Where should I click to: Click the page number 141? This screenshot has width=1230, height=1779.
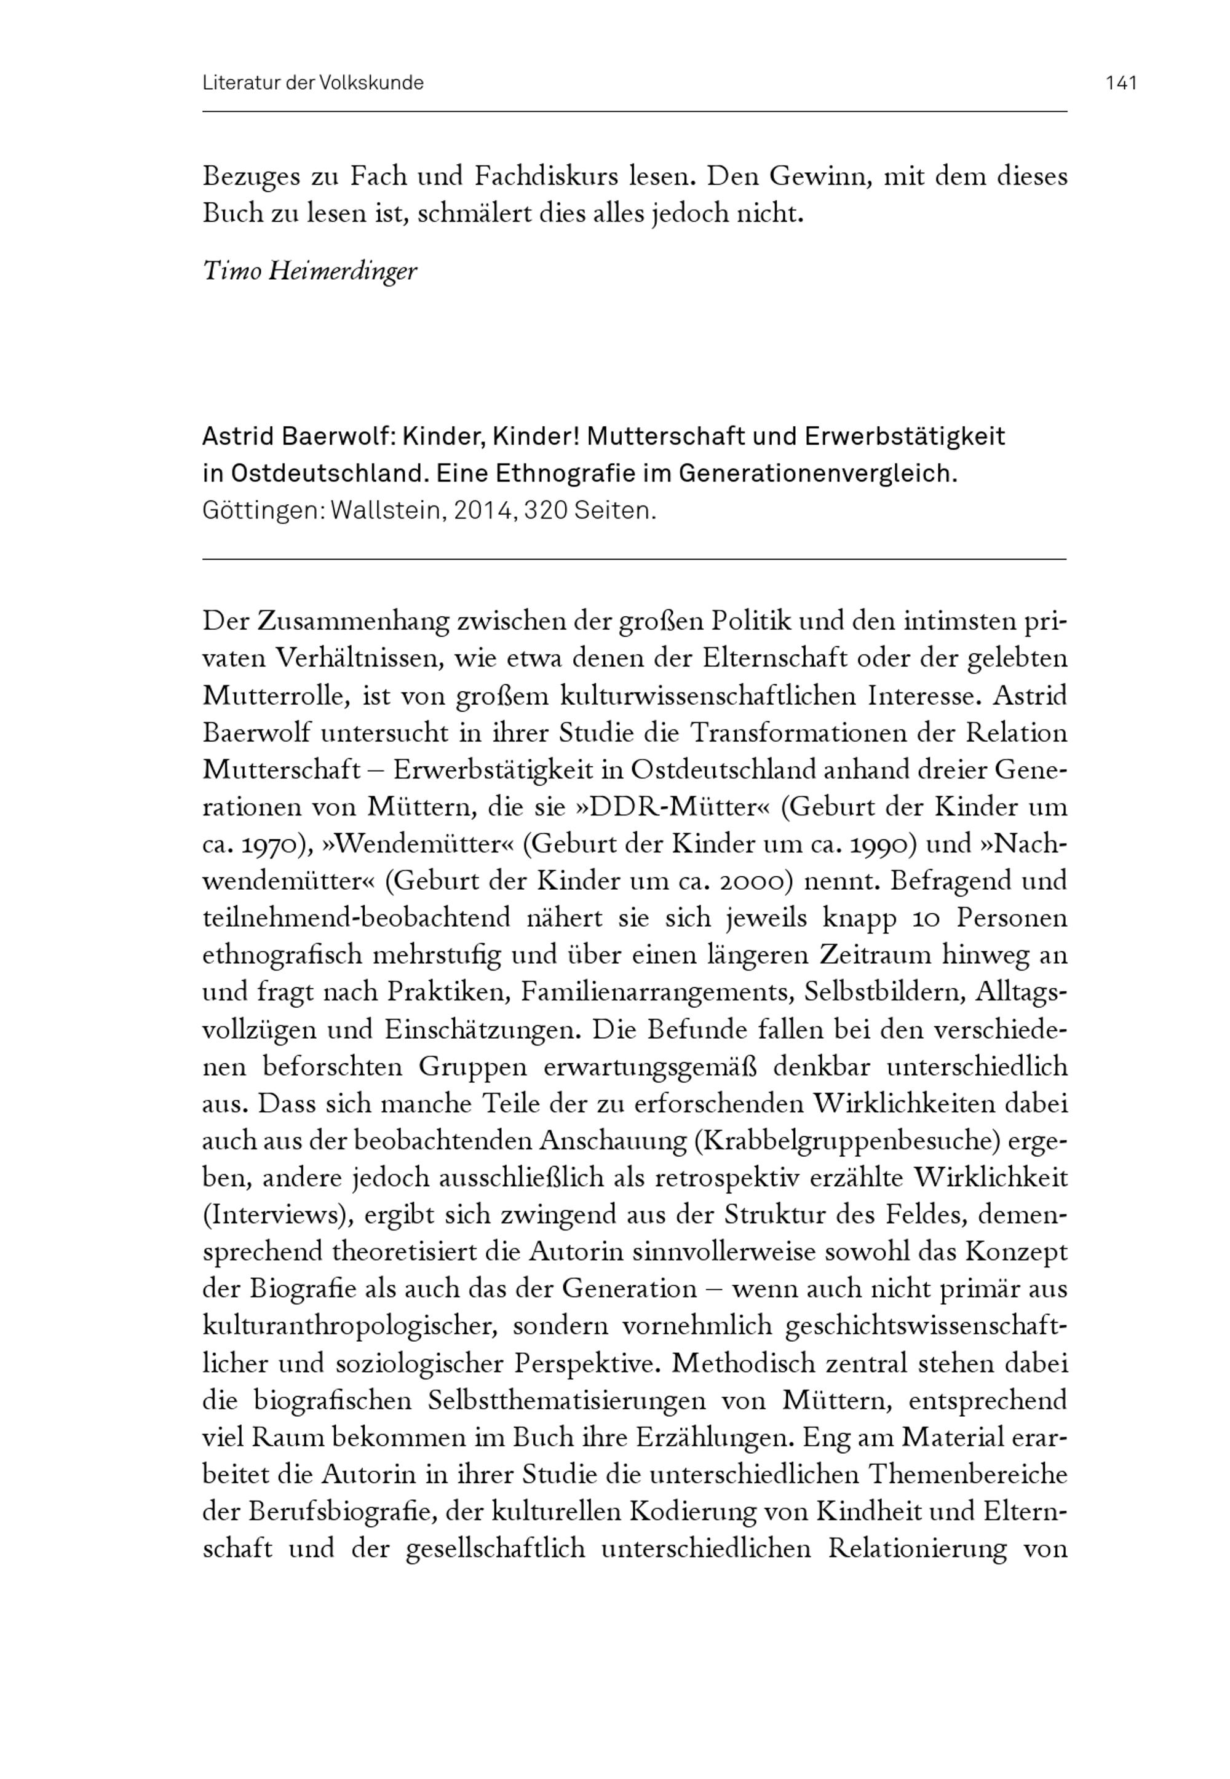1121,83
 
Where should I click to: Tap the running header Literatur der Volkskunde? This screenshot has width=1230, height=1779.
313,83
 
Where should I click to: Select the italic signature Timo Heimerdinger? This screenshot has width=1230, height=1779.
309,271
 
